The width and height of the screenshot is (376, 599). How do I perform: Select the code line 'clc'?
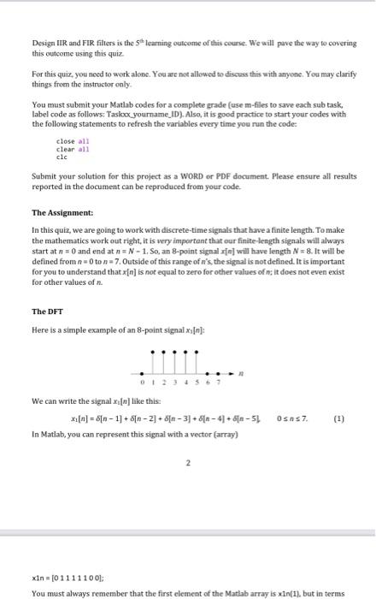(61, 157)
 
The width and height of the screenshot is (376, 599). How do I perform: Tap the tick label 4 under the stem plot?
(191, 383)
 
